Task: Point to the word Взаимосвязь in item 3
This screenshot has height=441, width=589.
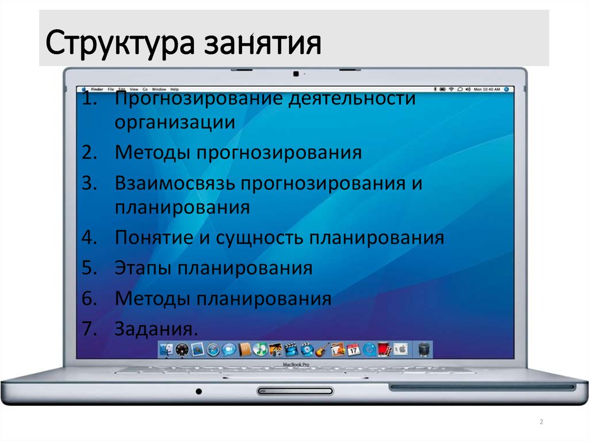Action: click(175, 183)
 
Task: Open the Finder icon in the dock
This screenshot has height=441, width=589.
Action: click(167, 348)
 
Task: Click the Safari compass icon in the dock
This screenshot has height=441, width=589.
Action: click(213, 348)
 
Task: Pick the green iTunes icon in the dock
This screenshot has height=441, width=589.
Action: click(260, 348)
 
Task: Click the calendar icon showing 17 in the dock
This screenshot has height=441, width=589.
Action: click(353, 348)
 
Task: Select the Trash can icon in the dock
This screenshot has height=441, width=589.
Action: click(423, 348)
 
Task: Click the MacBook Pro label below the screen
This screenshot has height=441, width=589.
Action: click(296, 365)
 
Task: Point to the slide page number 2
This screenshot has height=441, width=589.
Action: click(541, 423)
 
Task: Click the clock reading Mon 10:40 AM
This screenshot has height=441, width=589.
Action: click(487, 90)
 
